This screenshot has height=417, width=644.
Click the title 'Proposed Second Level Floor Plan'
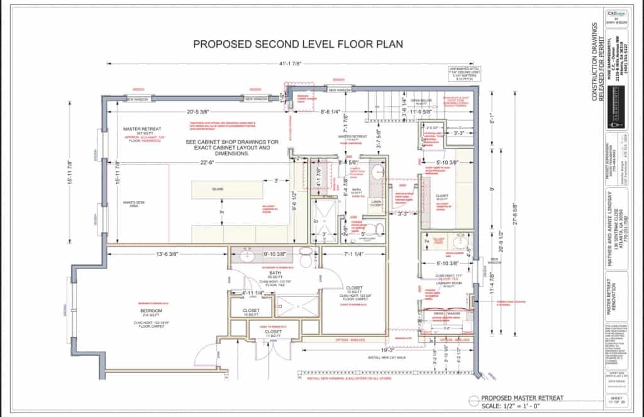coord(297,44)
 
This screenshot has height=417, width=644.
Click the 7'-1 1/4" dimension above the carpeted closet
coord(353,253)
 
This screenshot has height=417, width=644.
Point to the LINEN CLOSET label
coord(377,204)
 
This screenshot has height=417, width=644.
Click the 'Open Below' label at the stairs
coord(421,101)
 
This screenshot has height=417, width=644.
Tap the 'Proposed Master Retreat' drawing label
coord(522,398)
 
